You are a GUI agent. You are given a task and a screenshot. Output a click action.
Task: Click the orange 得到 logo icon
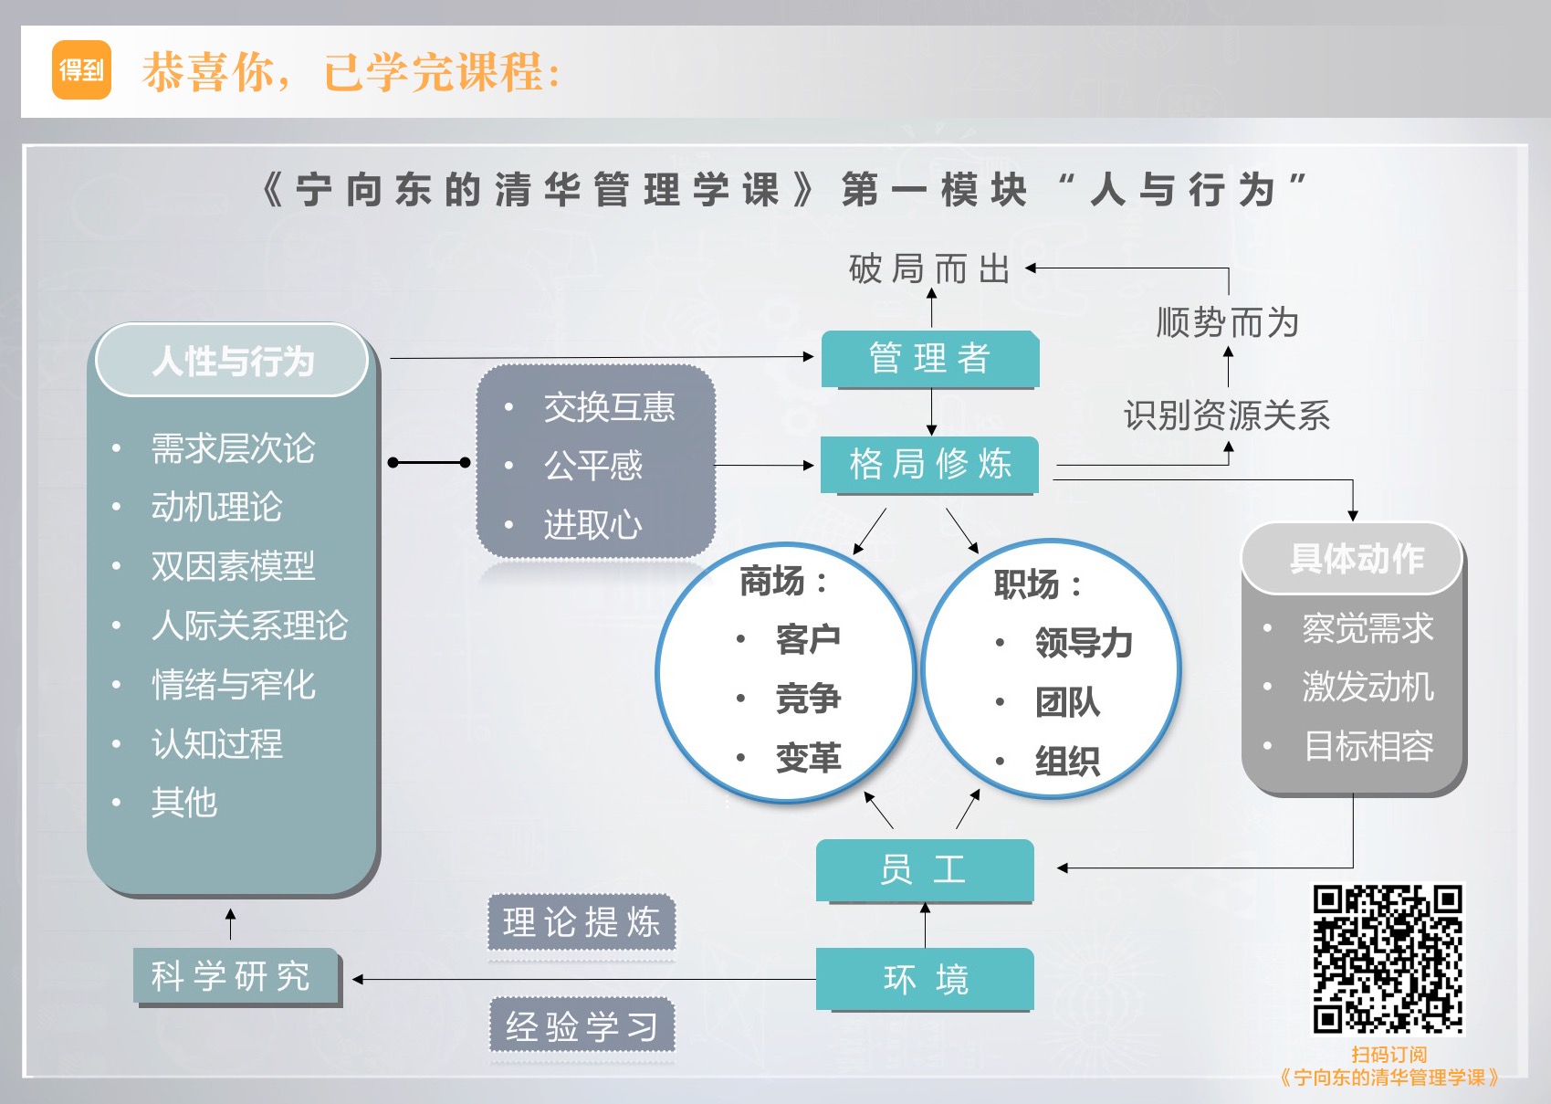click(x=81, y=69)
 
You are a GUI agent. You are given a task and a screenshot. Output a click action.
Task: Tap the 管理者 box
click(x=929, y=359)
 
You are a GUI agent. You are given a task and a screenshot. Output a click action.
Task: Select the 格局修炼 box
click(x=929, y=465)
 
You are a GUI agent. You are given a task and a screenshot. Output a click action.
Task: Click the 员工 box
click(x=924, y=869)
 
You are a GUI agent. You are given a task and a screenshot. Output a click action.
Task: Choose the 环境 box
click(x=924, y=979)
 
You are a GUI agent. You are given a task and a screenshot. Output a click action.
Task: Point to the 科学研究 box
click(x=236, y=976)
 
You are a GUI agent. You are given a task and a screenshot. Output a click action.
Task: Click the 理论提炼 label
click(x=582, y=922)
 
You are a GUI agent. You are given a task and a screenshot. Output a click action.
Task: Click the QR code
click(x=1388, y=959)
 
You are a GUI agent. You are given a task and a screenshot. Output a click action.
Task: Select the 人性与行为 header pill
click(x=232, y=361)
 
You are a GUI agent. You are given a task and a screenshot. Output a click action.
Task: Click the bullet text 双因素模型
click(x=233, y=566)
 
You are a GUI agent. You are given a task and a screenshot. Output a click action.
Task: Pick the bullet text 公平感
click(x=593, y=467)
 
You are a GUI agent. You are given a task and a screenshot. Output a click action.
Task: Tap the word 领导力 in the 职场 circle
click(x=1084, y=643)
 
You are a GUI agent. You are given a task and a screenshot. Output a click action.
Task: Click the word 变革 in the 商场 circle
click(x=808, y=758)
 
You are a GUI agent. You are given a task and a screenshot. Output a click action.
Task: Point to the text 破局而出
click(x=929, y=269)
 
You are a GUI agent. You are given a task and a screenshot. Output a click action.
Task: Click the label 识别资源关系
click(x=1227, y=415)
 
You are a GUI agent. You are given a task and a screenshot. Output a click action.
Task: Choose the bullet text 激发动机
click(x=1368, y=687)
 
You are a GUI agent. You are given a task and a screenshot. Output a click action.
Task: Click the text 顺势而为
click(x=1227, y=323)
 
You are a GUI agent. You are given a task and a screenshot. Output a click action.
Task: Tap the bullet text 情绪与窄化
click(x=233, y=685)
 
